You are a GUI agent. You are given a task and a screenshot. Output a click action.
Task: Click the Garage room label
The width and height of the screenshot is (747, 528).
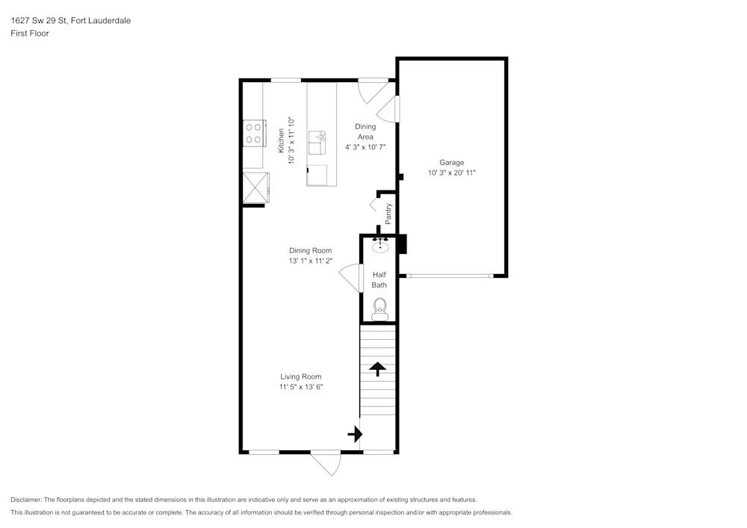coord(451,162)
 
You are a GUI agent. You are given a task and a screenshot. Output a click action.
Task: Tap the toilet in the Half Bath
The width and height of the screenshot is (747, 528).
coord(379,309)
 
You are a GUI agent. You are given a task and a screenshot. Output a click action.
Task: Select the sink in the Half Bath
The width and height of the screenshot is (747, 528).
coord(380,246)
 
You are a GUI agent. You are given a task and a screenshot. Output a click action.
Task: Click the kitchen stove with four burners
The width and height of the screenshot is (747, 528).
coord(253,134)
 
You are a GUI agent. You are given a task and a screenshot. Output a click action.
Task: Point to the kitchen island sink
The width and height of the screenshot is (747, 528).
coord(317,143)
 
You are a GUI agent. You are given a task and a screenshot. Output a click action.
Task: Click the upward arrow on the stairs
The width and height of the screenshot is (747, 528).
coord(378,369)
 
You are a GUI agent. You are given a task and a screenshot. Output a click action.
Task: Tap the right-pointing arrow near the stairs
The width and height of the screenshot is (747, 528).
coord(356,434)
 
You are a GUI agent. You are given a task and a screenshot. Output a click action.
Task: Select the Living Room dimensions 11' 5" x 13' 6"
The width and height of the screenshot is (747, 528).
coord(301,387)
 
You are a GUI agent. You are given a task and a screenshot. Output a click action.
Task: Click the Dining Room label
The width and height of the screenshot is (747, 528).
coord(310,250)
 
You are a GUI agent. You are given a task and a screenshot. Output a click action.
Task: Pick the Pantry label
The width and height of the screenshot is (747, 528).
coord(388,214)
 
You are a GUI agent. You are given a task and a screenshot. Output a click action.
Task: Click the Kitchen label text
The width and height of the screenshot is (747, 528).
coord(281,141)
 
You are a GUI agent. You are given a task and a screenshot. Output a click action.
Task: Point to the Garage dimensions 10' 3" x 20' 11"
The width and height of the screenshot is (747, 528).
coord(452,173)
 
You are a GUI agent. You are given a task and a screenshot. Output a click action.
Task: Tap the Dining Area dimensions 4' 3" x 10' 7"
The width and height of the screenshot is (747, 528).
coord(365,147)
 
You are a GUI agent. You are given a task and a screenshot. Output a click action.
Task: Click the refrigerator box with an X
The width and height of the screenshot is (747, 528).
coord(255,188)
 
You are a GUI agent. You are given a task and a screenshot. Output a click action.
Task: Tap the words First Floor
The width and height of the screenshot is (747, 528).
coord(30,34)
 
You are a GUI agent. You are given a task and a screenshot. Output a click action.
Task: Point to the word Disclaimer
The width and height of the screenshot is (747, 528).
coord(25,500)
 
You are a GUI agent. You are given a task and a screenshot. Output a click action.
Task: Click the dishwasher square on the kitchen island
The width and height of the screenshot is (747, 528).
coord(317,175)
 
